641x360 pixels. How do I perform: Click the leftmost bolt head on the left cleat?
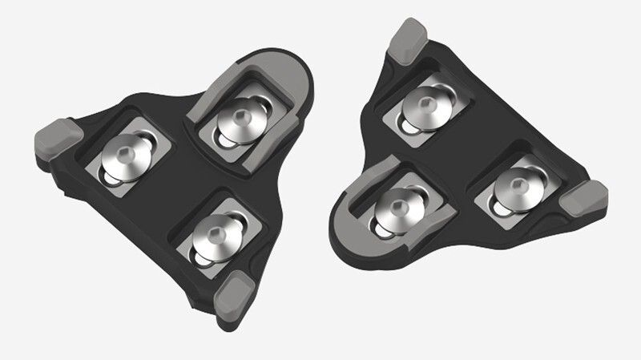pos(124,152)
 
